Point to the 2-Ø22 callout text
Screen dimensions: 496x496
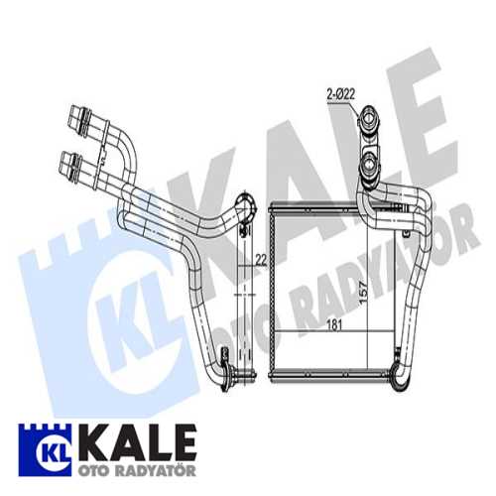tap(342, 96)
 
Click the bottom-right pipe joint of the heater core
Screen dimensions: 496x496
tap(402, 368)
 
